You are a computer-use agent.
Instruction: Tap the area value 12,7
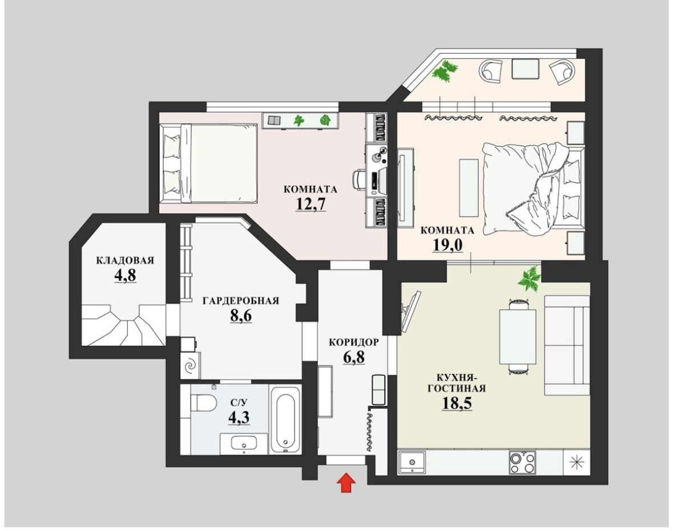(x=311, y=203)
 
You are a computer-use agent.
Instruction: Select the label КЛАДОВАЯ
(x=125, y=260)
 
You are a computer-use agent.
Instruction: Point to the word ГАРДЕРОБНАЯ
(x=241, y=300)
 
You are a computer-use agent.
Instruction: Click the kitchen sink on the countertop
(x=412, y=462)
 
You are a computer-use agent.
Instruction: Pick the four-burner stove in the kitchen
(x=522, y=462)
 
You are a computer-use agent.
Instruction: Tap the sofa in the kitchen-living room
(x=567, y=345)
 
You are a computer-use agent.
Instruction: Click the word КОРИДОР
(x=354, y=342)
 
